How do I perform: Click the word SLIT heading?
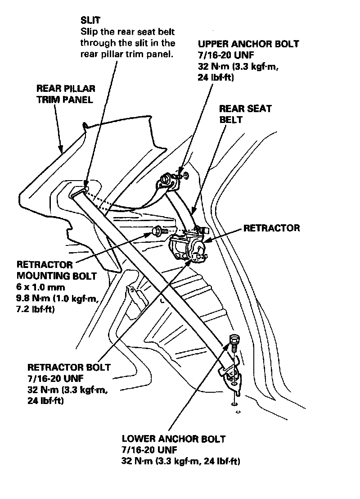click(x=90, y=21)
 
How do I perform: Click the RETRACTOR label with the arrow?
click(x=271, y=228)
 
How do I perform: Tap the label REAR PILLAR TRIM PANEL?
click(x=66, y=94)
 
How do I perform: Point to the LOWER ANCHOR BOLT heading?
click(x=173, y=439)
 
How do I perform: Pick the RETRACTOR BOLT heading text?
click(x=69, y=367)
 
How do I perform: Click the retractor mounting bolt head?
click(x=157, y=231)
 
